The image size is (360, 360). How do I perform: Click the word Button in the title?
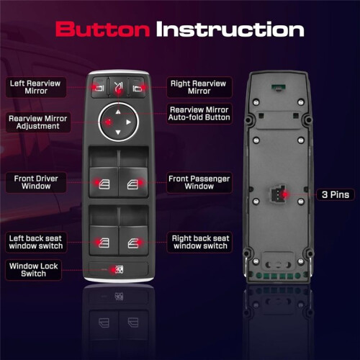coord(103,29)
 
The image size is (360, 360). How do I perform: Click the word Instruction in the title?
coord(230,29)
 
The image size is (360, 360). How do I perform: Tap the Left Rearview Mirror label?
coord(36,87)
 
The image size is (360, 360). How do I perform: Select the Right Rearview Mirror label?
coord(199,87)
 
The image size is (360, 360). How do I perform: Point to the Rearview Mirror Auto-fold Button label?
coord(199,114)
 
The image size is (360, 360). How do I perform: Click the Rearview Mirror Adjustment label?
coord(38,122)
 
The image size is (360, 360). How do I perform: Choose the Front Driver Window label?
coord(36,182)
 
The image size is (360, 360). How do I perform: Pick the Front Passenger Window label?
coord(199,182)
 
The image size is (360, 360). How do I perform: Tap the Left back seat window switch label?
coord(36,242)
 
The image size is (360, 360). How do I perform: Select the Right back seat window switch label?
coord(200,242)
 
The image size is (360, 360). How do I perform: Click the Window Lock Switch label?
coord(33,270)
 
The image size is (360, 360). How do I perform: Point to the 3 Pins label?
coord(336,194)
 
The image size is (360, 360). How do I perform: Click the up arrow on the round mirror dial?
coord(118,112)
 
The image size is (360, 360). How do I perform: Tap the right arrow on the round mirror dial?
coord(129,122)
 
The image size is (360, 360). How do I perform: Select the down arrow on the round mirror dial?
coord(118,132)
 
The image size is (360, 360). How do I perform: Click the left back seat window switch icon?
coord(104,243)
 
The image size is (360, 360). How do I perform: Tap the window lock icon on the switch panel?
coord(120,269)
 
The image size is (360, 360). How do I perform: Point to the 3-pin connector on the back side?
coord(278,194)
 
